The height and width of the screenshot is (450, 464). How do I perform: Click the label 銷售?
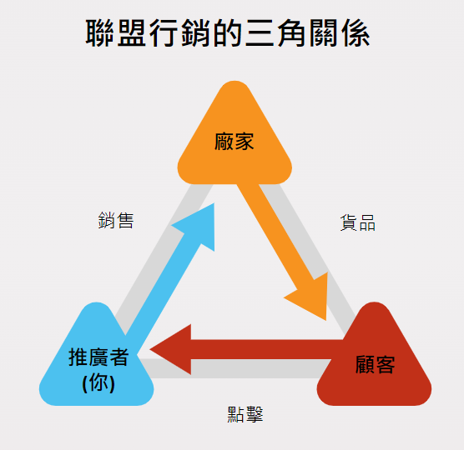point(116,220)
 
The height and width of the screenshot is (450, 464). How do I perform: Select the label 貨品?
point(358,222)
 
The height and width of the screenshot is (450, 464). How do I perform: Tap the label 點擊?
point(245,414)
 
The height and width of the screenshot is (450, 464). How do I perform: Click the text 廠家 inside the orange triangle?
point(235,142)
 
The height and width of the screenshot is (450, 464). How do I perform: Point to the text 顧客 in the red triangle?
point(376,364)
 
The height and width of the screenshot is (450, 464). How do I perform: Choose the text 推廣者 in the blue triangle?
point(98,357)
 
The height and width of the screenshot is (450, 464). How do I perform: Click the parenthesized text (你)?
point(98,383)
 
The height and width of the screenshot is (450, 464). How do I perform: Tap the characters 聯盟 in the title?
point(116,33)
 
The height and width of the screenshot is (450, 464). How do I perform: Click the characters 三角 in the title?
point(275,33)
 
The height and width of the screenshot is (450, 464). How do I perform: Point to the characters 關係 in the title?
point(339,33)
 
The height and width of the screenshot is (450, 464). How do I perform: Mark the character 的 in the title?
point(228,33)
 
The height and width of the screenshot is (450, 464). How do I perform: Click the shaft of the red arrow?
point(265,349)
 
